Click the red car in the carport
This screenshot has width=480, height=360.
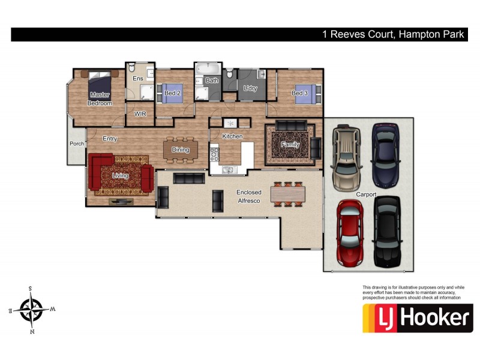pyautogui.click(x=349, y=232)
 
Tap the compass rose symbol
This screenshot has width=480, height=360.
pyautogui.click(x=33, y=309)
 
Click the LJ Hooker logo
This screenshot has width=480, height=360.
pyautogui.click(x=417, y=318)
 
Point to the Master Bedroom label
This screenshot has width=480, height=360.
pyautogui.click(x=100, y=99)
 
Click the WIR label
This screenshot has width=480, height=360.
pyautogui.click(x=140, y=113)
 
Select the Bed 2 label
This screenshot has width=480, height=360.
pyautogui.click(x=173, y=94)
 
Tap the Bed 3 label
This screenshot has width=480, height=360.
pyautogui.click(x=300, y=93)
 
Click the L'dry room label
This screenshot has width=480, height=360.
pyautogui.click(x=250, y=89)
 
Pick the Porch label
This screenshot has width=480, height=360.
pyautogui.click(x=77, y=143)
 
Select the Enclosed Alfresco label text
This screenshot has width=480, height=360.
pyautogui.click(x=248, y=196)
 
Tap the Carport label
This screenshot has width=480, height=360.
pyautogui.click(x=365, y=194)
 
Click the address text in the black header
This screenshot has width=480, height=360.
pyautogui.click(x=394, y=35)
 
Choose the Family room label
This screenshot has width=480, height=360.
pyautogui.click(x=290, y=145)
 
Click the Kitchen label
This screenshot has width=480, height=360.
pyautogui.click(x=232, y=137)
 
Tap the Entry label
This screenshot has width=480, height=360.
pyautogui.click(x=110, y=139)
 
